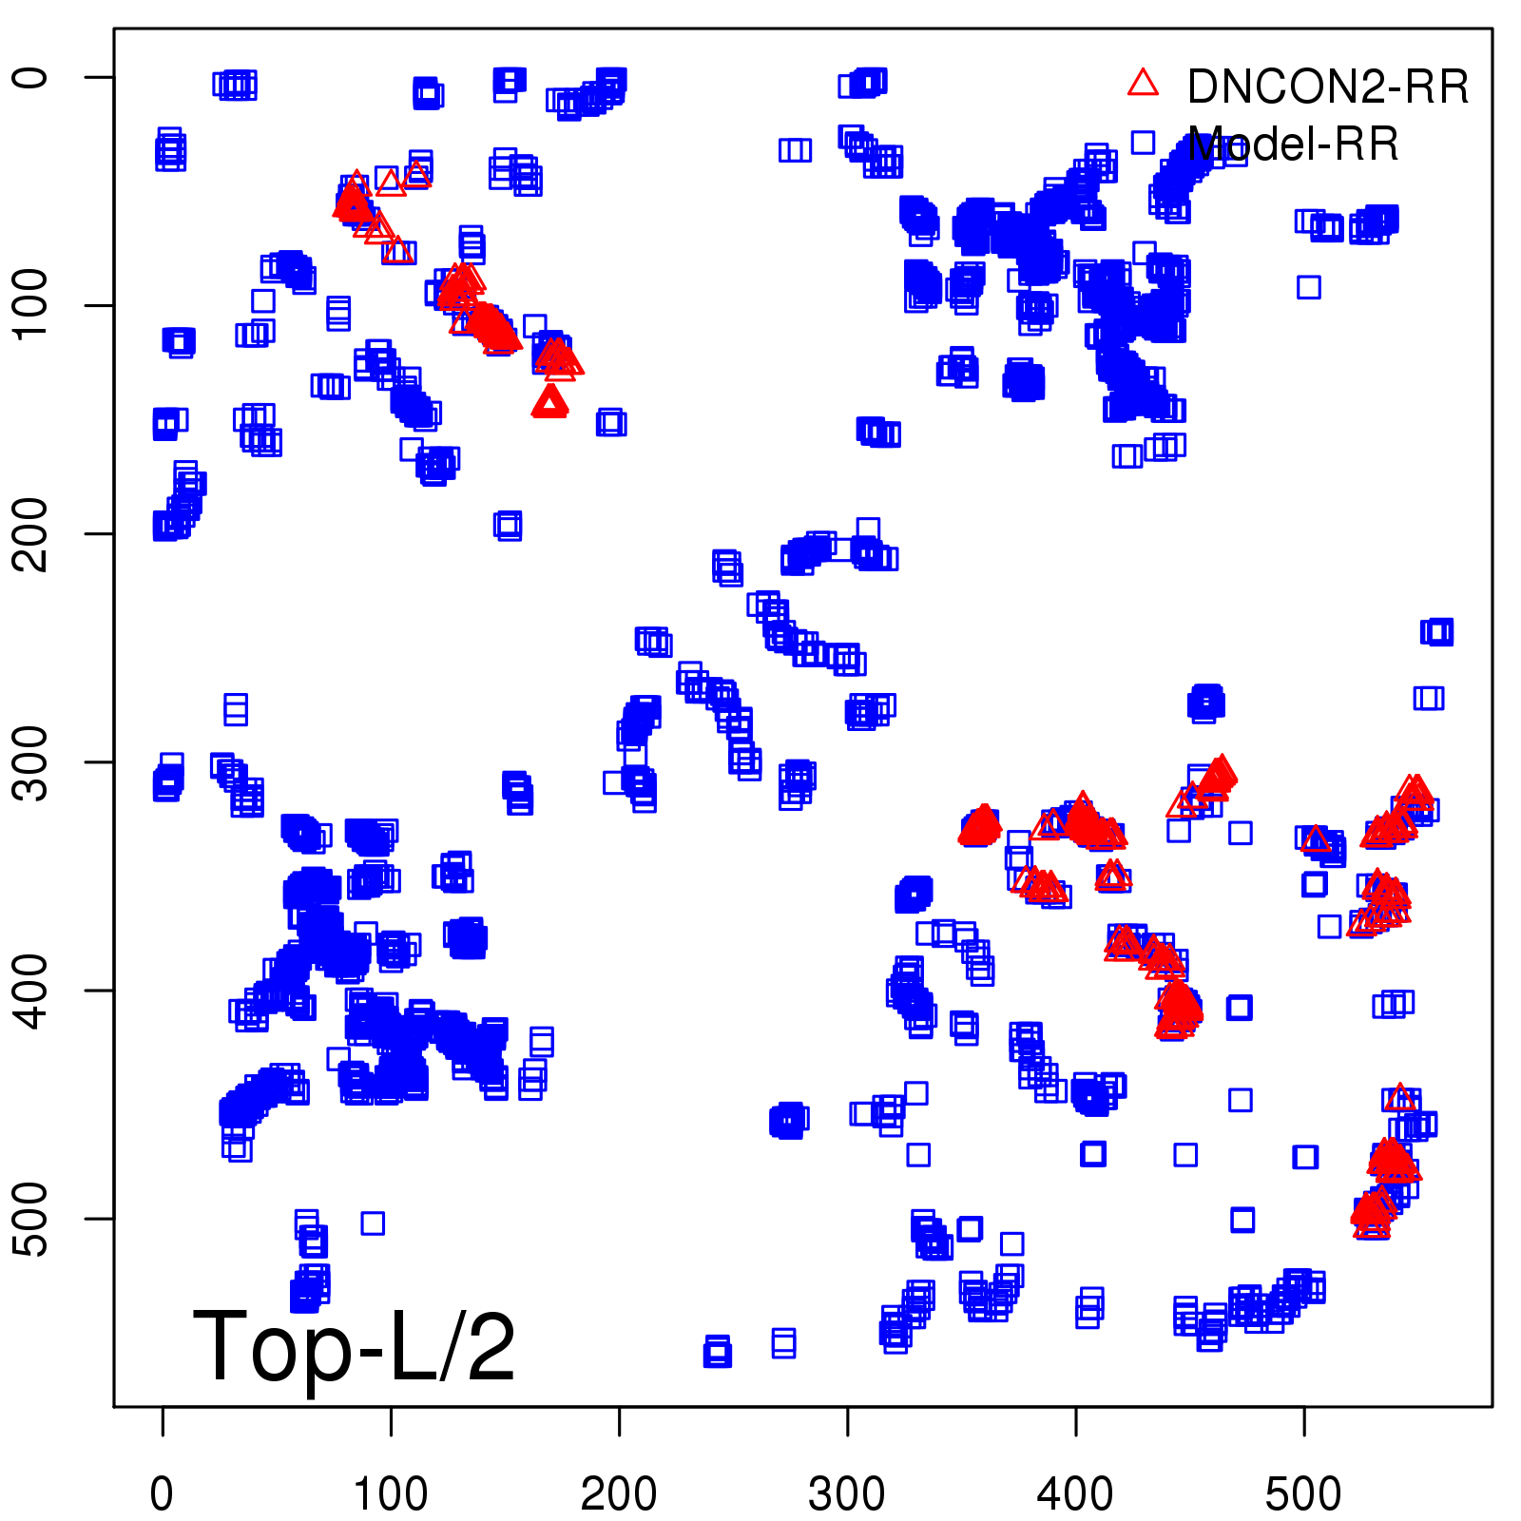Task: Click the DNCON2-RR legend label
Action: [x=1327, y=87]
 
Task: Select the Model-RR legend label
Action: [x=1293, y=144]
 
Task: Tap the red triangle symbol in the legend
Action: [x=1143, y=83]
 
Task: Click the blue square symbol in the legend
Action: [x=1143, y=143]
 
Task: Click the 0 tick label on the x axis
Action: [x=163, y=1493]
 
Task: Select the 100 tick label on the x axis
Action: [x=391, y=1493]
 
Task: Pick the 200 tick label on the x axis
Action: [x=619, y=1493]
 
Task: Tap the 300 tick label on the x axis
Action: [x=847, y=1493]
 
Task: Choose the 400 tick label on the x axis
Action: [x=1075, y=1493]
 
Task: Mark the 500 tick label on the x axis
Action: [x=1303, y=1493]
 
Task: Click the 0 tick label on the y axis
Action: [x=32, y=77]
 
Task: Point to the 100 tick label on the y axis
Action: [x=32, y=305]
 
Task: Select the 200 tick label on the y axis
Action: [x=32, y=533]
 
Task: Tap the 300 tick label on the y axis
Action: [x=32, y=761]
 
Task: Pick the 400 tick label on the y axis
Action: [x=32, y=990]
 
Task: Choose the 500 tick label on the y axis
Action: [x=32, y=1218]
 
